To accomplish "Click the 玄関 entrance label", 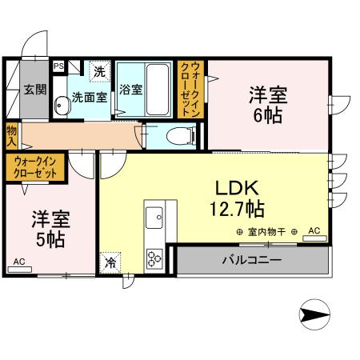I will (x=33, y=89).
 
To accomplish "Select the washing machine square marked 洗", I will (x=99, y=71).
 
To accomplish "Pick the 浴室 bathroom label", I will (x=131, y=90).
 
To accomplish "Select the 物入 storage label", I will (x=11, y=135).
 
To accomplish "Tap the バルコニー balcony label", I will (x=251, y=260).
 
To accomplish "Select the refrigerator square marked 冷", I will (x=108, y=262).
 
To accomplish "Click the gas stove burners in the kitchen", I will (x=154, y=258).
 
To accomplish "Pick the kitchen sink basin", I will (x=154, y=216).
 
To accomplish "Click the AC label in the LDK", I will (x=314, y=231).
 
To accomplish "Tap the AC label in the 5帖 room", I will (x=18, y=261).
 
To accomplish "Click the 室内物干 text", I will (x=266, y=232).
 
